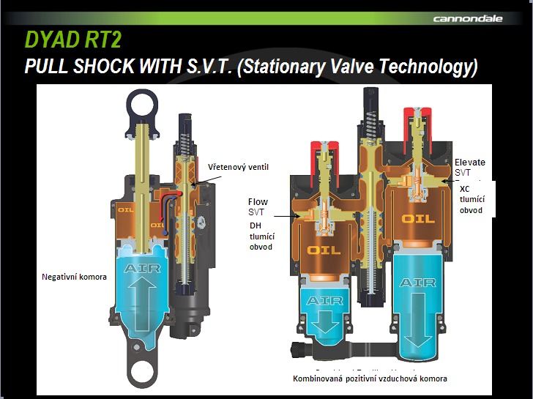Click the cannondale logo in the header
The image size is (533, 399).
tap(468, 19)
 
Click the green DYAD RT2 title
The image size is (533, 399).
tap(73, 40)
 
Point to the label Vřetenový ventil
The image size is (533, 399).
tap(238, 167)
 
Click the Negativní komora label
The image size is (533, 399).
tap(74, 277)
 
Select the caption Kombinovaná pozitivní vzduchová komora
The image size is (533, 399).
tap(370, 379)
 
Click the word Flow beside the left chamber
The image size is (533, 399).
tap(258, 202)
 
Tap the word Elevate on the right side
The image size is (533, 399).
tap(470, 162)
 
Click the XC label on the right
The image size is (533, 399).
tap(464, 189)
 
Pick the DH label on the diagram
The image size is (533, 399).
tap(256, 225)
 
